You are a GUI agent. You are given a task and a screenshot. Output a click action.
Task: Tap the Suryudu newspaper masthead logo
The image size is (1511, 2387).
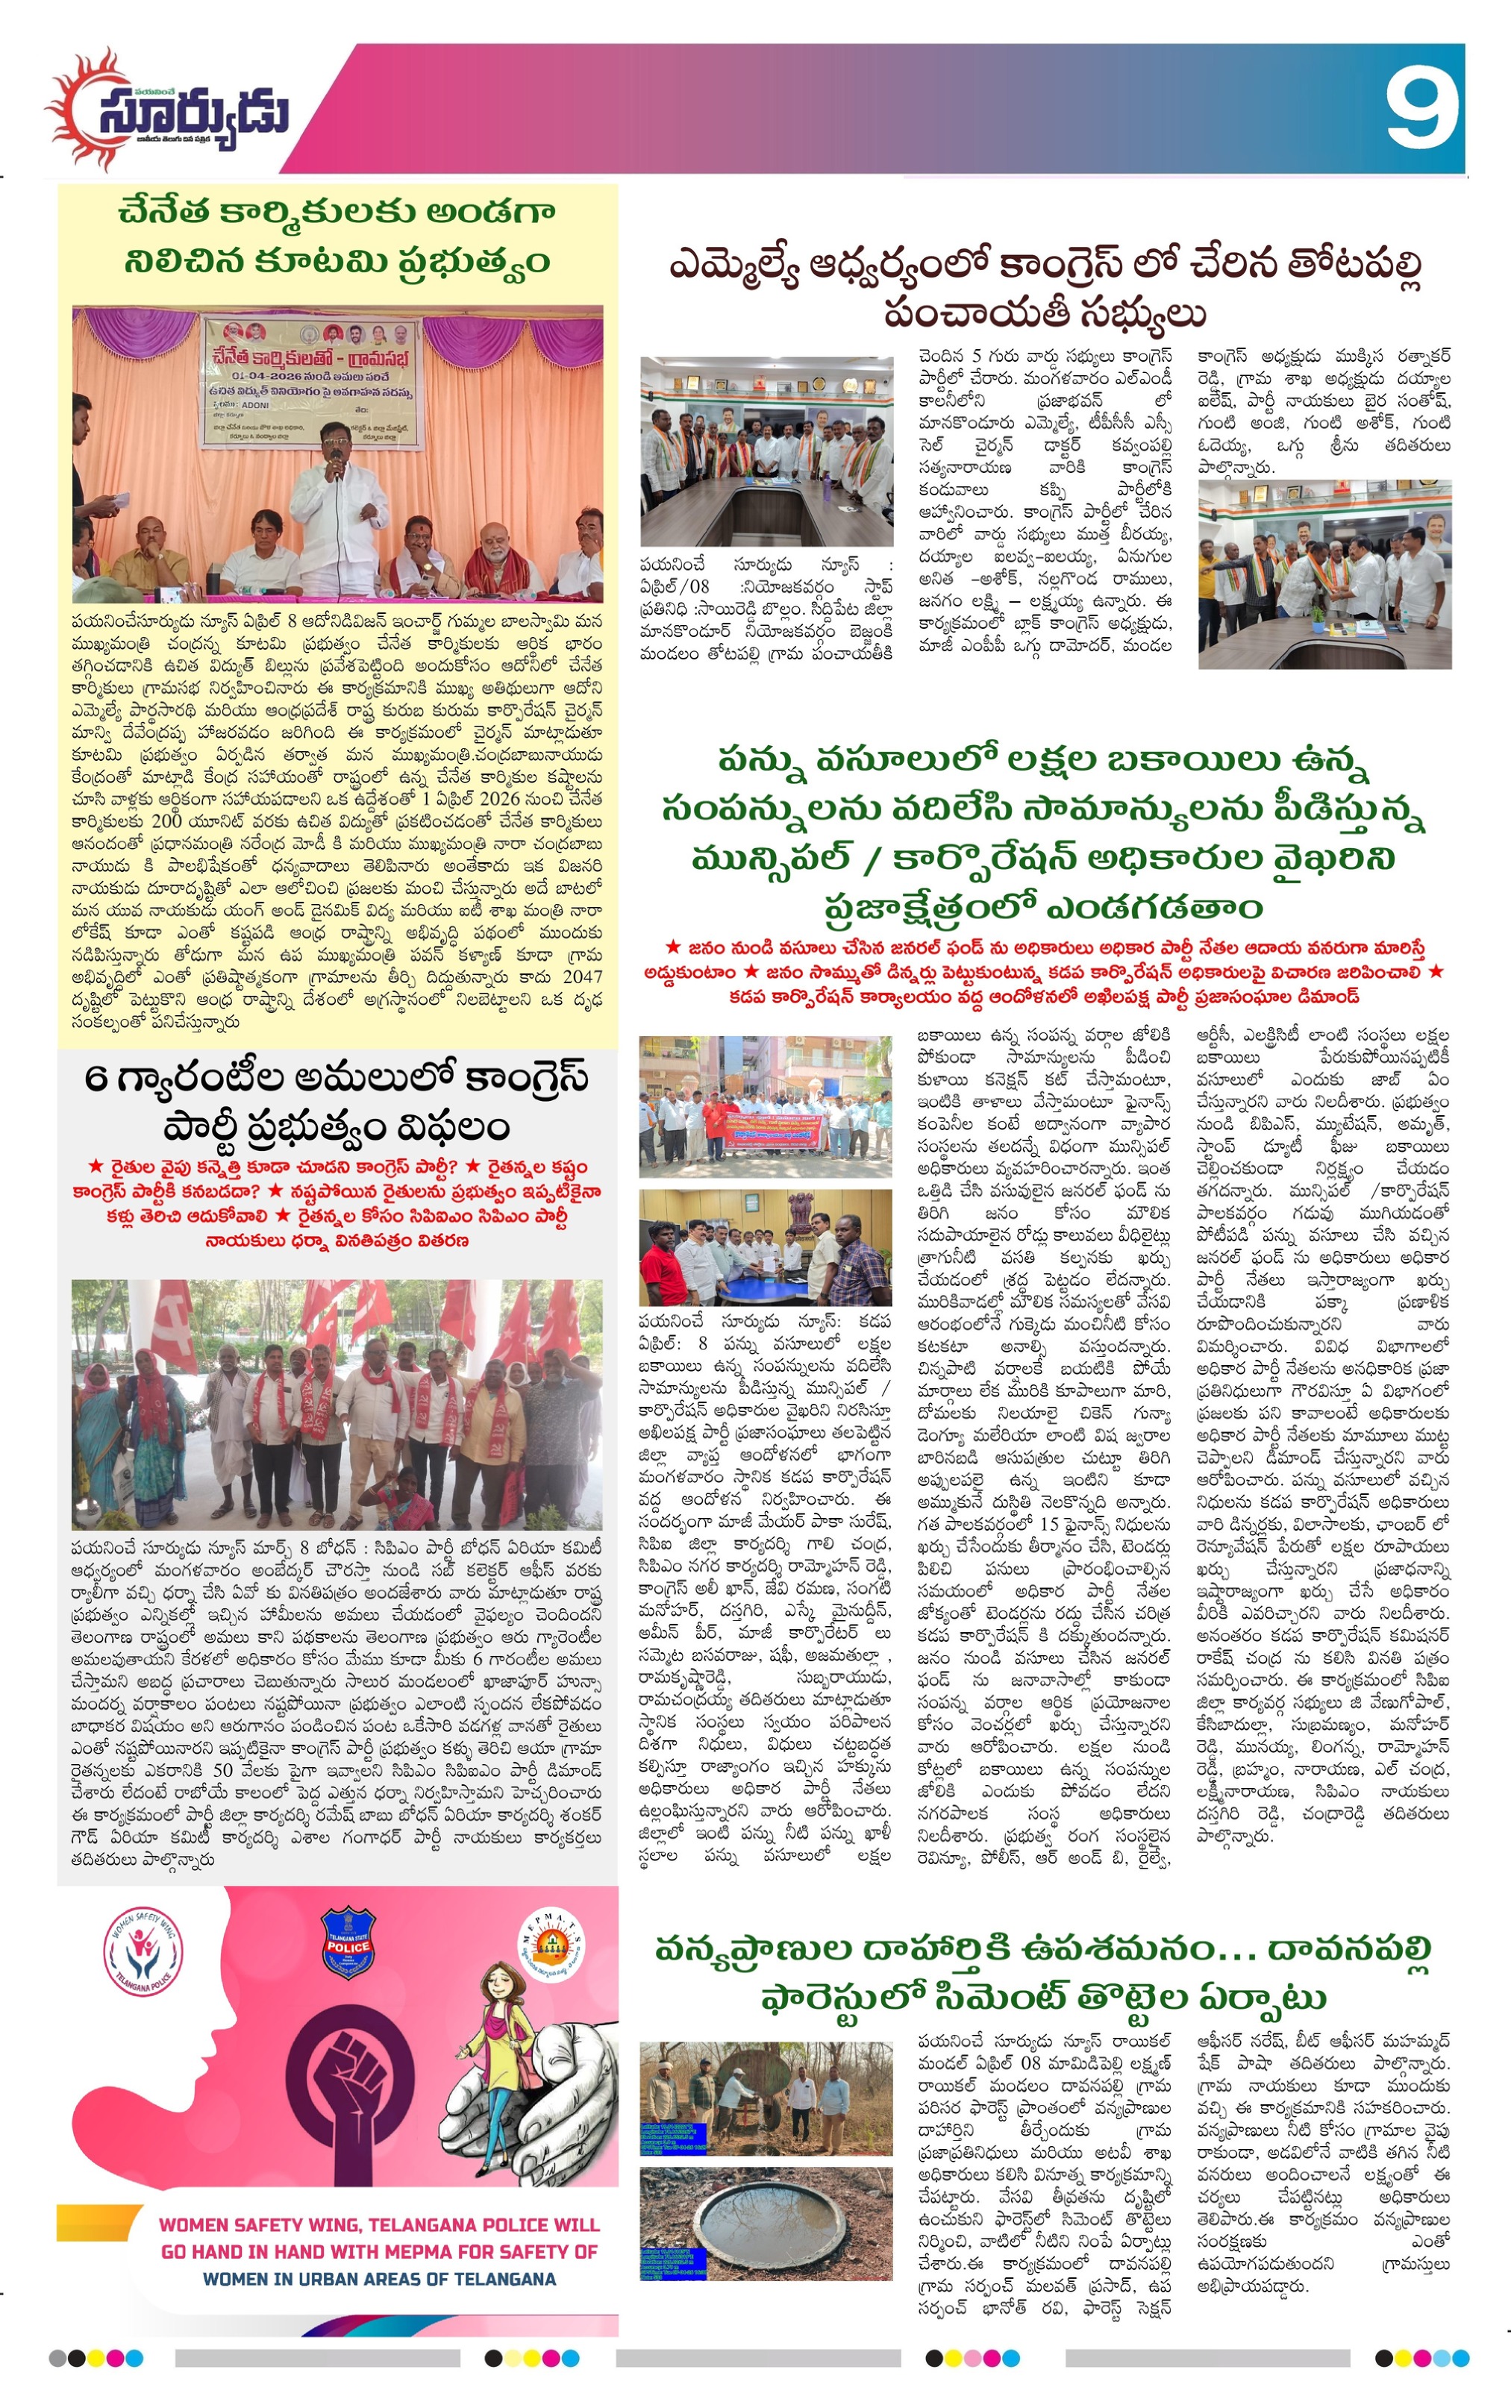click(169, 111)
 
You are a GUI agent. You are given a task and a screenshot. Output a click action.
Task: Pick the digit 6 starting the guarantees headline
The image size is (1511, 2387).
click(96, 1078)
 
